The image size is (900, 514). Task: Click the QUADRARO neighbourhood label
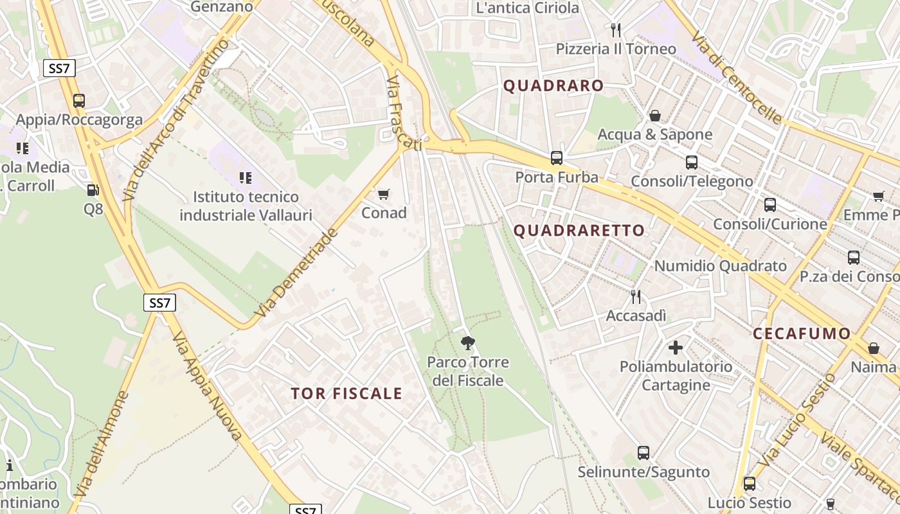click(553, 85)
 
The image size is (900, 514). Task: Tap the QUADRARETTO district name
click(579, 231)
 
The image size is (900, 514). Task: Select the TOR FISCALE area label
click(346, 394)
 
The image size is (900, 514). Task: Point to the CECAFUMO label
click(802, 333)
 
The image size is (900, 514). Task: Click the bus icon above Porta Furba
click(557, 158)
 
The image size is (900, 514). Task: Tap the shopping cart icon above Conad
click(384, 194)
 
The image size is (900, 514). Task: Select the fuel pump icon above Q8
click(93, 190)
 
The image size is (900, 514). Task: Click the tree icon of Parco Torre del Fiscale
click(468, 343)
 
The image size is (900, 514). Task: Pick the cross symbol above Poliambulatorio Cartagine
click(675, 348)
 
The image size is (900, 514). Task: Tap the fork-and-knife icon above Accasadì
click(636, 296)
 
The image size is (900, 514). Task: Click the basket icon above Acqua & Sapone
click(654, 116)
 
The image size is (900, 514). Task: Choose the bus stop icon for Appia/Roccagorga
click(79, 101)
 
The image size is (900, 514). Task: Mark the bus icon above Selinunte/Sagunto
click(643, 453)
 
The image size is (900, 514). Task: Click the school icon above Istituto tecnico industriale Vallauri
click(246, 177)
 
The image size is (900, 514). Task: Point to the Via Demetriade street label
click(296, 272)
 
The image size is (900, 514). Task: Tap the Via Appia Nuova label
click(207, 387)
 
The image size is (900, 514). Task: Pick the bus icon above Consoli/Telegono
click(692, 163)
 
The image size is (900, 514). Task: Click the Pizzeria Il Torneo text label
click(616, 49)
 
